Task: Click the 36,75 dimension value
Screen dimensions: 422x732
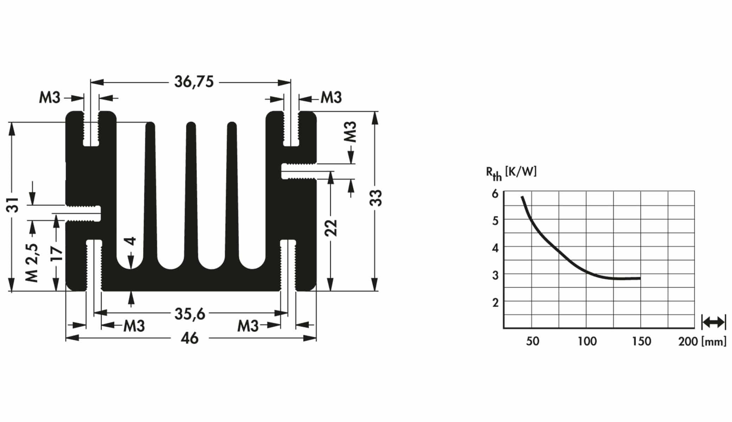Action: (x=194, y=82)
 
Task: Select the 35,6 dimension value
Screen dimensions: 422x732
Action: (x=190, y=313)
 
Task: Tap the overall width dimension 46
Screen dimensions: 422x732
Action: (x=190, y=338)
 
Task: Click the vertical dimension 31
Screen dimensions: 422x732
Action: (x=13, y=205)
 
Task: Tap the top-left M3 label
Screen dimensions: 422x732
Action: (x=50, y=97)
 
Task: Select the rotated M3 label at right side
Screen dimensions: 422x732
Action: (x=351, y=132)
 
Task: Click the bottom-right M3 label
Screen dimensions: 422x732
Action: (x=248, y=326)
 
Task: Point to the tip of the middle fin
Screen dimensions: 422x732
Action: (x=191, y=124)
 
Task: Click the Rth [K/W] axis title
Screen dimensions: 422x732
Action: (x=511, y=172)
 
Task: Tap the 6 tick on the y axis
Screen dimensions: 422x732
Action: (x=496, y=194)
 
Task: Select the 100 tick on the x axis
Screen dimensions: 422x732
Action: (x=587, y=341)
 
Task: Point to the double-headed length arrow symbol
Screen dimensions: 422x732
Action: (x=713, y=322)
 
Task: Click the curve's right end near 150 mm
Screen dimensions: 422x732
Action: (x=639, y=278)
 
